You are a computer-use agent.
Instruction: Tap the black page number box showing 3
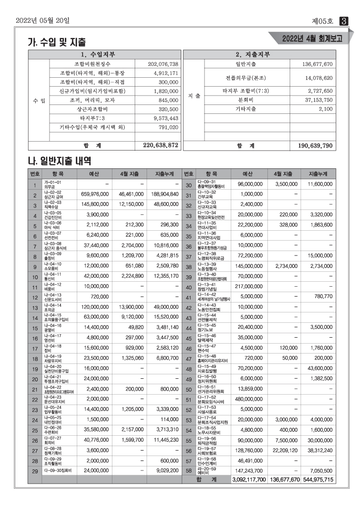click(343, 21)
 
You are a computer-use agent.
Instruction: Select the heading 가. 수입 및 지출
click(56, 43)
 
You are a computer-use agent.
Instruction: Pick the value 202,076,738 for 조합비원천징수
click(163, 64)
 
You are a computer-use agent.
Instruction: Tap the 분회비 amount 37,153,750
click(315, 100)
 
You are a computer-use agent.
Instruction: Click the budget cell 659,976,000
click(95, 195)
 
